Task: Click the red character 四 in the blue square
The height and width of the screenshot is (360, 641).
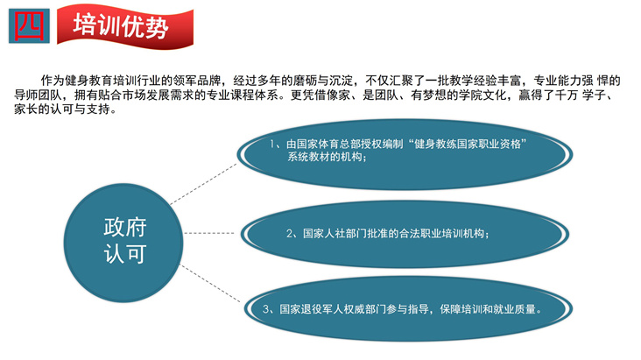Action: (29, 25)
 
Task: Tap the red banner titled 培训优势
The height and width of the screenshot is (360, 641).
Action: (125, 26)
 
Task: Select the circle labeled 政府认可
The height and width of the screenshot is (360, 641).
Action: (123, 243)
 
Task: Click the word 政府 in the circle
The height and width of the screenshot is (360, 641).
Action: (125, 228)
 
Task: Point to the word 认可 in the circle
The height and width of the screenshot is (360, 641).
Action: (125, 254)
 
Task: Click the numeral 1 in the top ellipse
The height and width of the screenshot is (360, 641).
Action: (272, 144)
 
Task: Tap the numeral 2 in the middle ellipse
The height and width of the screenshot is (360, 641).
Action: (290, 234)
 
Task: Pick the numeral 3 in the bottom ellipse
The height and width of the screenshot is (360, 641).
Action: (266, 309)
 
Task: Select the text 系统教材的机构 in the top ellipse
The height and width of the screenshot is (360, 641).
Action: (324, 157)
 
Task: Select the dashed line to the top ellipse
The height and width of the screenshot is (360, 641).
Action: (203, 184)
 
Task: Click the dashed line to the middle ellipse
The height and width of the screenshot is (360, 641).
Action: (209, 233)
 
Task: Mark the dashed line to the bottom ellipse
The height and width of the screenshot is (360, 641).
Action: (210, 284)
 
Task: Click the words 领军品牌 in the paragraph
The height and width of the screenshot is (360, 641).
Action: (197, 81)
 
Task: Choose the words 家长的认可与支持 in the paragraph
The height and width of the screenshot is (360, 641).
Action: (62, 109)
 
